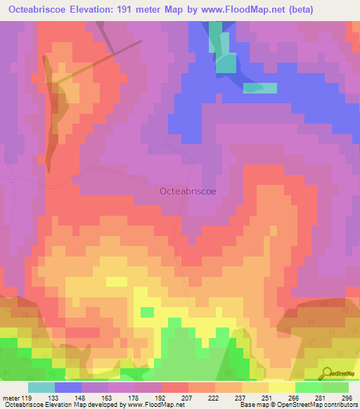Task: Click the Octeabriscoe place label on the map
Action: click(187, 190)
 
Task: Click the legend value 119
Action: click(27, 398)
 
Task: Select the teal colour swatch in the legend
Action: click(41, 387)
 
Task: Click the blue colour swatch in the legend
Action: click(68, 387)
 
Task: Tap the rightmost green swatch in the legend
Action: click(335, 387)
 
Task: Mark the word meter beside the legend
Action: click(11, 398)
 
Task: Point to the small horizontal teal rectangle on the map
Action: click(260, 88)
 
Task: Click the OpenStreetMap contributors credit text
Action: click(316, 405)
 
